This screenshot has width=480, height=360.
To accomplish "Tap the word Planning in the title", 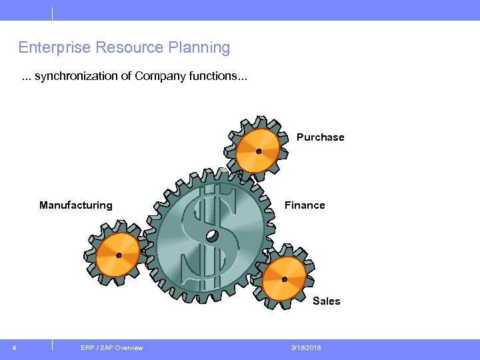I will (x=199, y=48).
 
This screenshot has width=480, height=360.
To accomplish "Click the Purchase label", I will (x=321, y=137).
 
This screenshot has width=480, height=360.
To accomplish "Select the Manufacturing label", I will (x=76, y=205).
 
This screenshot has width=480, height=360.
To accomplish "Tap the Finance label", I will (x=305, y=205).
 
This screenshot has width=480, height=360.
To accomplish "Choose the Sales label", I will (x=327, y=301).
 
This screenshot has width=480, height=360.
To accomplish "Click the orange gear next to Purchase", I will (x=259, y=151).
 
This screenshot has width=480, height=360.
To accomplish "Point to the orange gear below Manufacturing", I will (x=118, y=255).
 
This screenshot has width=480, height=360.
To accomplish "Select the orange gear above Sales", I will (x=284, y=279).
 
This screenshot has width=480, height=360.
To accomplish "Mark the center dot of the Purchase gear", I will (x=259, y=151).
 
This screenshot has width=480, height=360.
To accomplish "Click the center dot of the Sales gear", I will (x=284, y=279).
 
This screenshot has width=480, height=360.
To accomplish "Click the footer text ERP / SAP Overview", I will (x=111, y=348).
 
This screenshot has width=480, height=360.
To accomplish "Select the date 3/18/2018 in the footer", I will (x=306, y=348).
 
